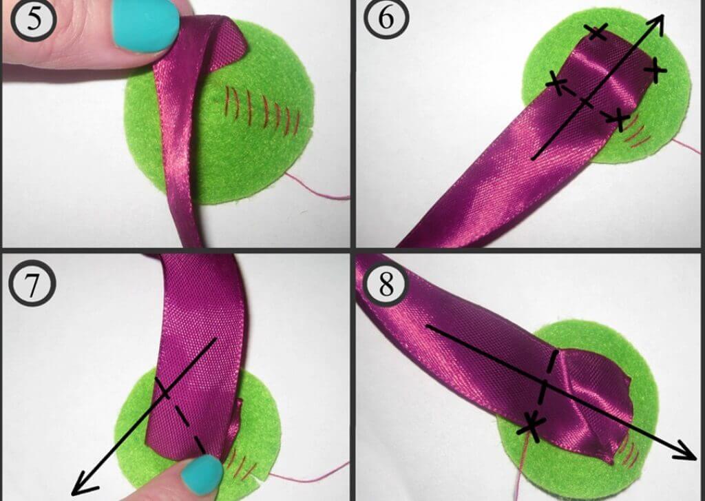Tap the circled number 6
(x=386, y=18)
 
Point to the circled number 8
(x=386, y=284)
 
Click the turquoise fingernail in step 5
(x=145, y=25)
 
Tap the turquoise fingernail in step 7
(x=202, y=474)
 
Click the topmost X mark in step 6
(x=597, y=32)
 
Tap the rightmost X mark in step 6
(x=655, y=70)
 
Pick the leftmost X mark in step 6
(x=556, y=83)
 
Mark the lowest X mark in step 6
(x=620, y=119)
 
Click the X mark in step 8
(x=532, y=425)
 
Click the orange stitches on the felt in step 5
(x=263, y=110)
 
